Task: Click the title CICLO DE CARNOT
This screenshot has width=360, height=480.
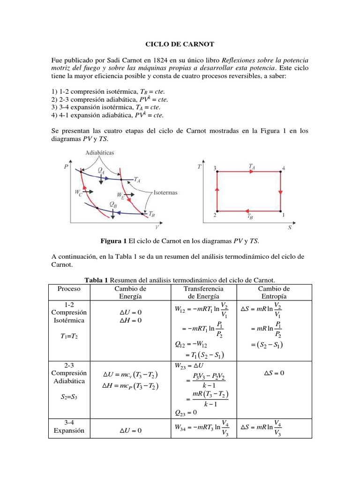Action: click(180, 44)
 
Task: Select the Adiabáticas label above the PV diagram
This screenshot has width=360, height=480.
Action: click(99, 153)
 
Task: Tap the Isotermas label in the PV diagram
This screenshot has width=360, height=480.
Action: click(165, 192)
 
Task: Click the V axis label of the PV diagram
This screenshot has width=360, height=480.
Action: click(157, 227)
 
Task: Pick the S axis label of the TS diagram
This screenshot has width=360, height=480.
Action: click(289, 228)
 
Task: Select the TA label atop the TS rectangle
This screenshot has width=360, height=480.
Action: click(252, 166)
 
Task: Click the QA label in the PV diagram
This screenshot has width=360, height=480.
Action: click(101, 171)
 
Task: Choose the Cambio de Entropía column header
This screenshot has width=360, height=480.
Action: click(274, 292)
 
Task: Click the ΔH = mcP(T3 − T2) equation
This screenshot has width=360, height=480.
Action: click(130, 386)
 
